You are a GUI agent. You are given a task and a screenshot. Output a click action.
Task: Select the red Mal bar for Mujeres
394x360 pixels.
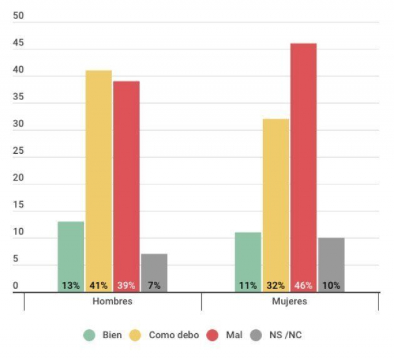pyautogui.click(x=304, y=164)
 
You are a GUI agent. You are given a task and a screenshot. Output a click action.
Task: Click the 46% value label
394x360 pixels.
pyautogui.click(x=304, y=285)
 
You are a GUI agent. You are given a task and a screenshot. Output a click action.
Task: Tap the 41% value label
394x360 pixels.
pyautogui.click(x=99, y=285)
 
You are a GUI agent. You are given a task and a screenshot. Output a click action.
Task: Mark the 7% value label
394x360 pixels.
pyautogui.click(x=154, y=285)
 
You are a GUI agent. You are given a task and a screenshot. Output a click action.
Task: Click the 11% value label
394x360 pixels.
pyautogui.click(x=248, y=285)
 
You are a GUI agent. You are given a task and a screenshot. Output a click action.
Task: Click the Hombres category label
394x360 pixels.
pyautogui.click(x=112, y=301)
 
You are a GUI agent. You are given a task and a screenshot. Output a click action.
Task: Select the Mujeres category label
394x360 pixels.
pyautogui.click(x=289, y=301)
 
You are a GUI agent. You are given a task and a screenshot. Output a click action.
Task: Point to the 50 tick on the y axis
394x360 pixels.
pyautogui.click(x=18, y=16)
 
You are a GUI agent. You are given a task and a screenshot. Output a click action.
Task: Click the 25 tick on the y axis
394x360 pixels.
pyautogui.click(x=18, y=151)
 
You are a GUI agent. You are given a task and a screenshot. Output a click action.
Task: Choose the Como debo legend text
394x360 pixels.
pyautogui.click(x=174, y=335)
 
